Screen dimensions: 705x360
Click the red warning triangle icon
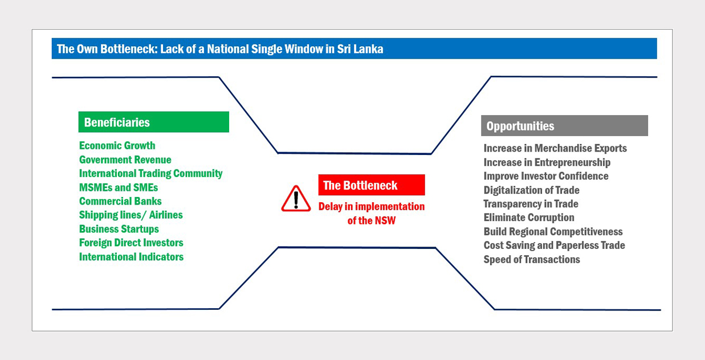(x=296, y=199)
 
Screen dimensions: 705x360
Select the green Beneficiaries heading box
(x=153, y=122)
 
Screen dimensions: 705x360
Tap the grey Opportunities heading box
(x=564, y=125)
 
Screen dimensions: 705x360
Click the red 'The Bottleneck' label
(x=372, y=185)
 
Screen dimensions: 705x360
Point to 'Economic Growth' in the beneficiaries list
(x=117, y=145)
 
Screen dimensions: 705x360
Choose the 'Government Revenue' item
(x=125, y=159)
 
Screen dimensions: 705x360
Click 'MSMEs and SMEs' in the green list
(x=119, y=187)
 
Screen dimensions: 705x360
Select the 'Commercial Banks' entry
(x=120, y=201)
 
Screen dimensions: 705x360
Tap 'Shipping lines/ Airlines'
(x=131, y=215)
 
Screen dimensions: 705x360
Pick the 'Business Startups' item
(x=119, y=229)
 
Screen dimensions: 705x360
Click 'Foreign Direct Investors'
(x=131, y=243)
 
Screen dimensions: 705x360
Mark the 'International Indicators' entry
(x=131, y=257)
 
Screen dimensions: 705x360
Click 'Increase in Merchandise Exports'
(x=555, y=148)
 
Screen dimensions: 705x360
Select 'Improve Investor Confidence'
(x=546, y=176)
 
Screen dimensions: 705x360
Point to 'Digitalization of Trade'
(x=532, y=190)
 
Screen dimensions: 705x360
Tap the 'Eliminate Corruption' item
(x=529, y=218)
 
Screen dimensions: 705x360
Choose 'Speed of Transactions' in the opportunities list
(x=532, y=259)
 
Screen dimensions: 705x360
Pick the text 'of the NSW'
(x=372, y=220)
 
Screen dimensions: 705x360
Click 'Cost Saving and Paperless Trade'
(x=554, y=245)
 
